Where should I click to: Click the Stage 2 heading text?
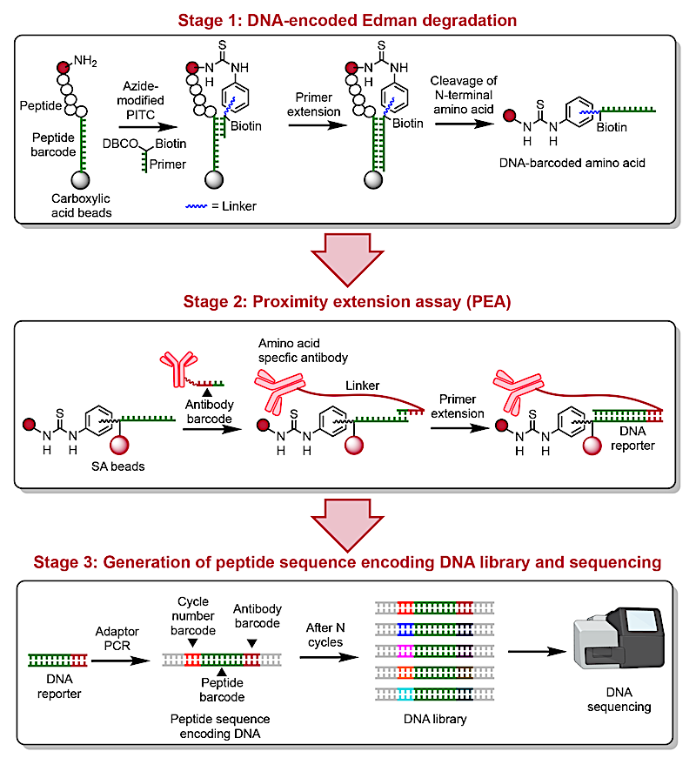tap(347, 302)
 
